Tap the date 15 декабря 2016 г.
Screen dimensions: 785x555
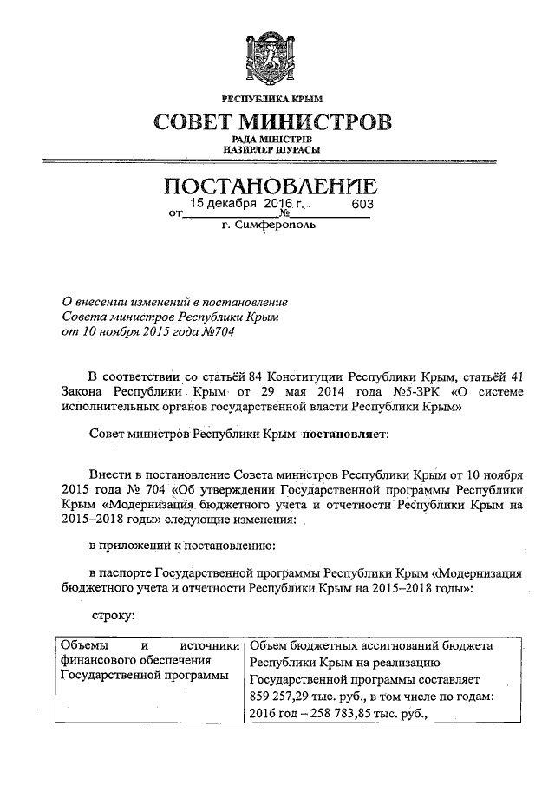tap(243, 206)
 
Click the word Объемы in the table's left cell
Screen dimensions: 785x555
tap(82, 646)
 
